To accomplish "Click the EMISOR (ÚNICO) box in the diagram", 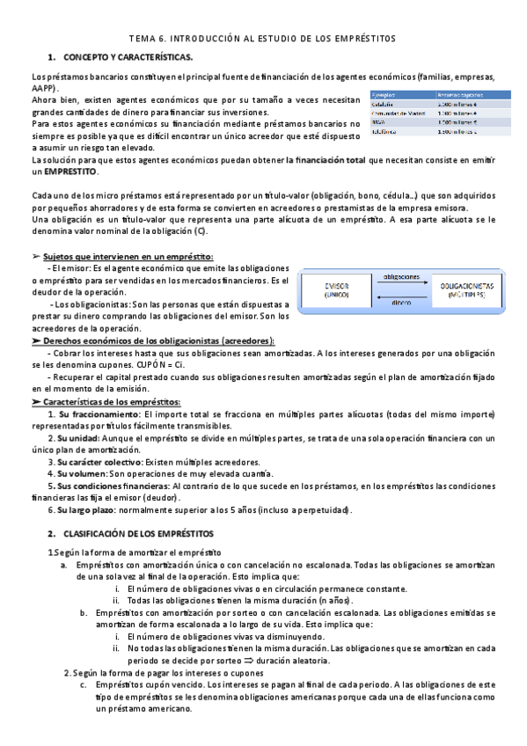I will [336, 291].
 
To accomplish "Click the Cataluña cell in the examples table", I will [384, 103].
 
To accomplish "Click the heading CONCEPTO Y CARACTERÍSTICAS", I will [135, 56].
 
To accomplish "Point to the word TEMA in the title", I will [143, 39].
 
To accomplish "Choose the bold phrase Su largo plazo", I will [88, 510].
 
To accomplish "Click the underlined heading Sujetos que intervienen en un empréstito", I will [128, 256].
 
